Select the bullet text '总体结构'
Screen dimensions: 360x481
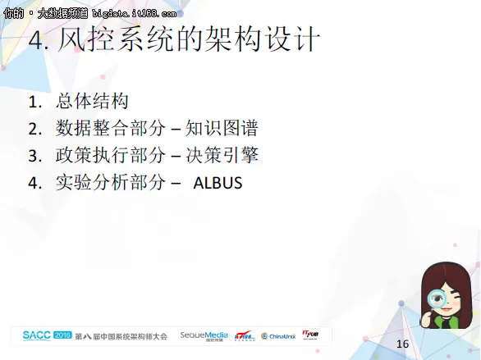click(92, 102)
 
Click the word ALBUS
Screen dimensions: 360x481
click(218, 182)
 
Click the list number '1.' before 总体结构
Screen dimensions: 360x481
click(34, 103)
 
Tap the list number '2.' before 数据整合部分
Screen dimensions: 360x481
click(34, 129)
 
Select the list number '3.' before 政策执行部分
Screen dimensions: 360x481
click(34, 156)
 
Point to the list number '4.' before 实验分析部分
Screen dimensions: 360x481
click(34, 183)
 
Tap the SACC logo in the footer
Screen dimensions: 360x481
click(37, 335)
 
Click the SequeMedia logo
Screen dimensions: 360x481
click(204, 335)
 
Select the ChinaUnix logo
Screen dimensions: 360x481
click(279, 336)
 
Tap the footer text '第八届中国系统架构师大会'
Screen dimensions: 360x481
click(121, 336)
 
